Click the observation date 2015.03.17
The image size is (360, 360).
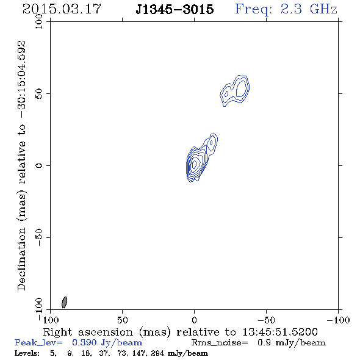coord(62,9)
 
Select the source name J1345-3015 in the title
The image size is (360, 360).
coord(175,9)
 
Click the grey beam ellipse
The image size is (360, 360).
coord(65,302)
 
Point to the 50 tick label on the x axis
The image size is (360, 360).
coord(122,320)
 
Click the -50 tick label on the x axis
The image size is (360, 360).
coord(266,320)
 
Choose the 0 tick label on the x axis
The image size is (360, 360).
coord(194,320)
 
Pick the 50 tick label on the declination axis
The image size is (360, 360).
coord(39,93)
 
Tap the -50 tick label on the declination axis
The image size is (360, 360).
coord(39,237)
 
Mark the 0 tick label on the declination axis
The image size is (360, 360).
coord(39,165)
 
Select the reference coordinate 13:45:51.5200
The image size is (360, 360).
coord(280,332)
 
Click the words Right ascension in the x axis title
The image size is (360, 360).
coord(88,332)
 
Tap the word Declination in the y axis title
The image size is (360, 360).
coord(22,259)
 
